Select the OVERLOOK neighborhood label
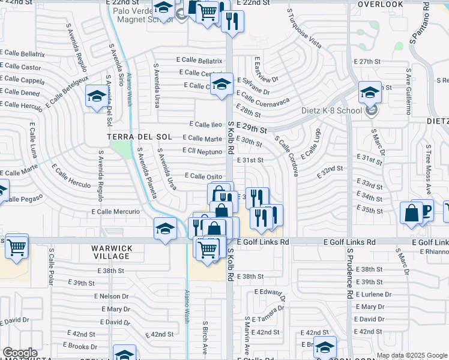[381, 4]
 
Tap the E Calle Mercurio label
[116, 212]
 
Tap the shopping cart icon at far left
[17, 245]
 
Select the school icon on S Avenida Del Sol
[97, 96]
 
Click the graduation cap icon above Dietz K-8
[370, 92]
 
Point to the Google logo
[20, 353]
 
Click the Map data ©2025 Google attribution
[412, 355]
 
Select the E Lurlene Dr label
[373, 295]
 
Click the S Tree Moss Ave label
[429, 165]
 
